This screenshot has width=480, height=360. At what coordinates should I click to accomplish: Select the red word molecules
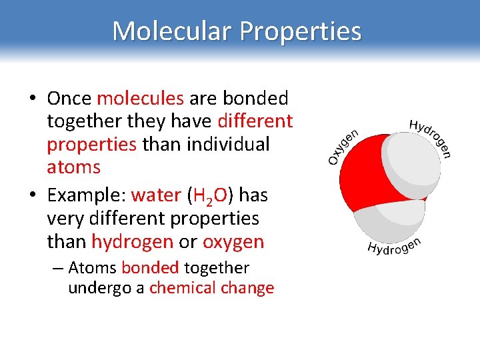pyautogui.click(x=140, y=99)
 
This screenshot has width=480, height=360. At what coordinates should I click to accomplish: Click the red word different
pyautogui.click(x=255, y=121)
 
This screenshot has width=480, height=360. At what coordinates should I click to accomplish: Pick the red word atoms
pyautogui.click(x=73, y=167)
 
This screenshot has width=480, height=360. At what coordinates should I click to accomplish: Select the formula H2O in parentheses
pyautogui.click(x=210, y=195)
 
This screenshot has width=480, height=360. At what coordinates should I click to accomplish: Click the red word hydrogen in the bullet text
pyautogui.click(x=132, y=241)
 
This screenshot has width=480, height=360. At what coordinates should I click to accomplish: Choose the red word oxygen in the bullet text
pyautogui.click(x=233, y=241)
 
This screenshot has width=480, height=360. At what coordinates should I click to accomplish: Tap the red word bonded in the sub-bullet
pyautogui.click(x=150, y=268)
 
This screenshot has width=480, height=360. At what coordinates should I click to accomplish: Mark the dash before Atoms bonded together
pyautogui.click(x=57, y=268)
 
